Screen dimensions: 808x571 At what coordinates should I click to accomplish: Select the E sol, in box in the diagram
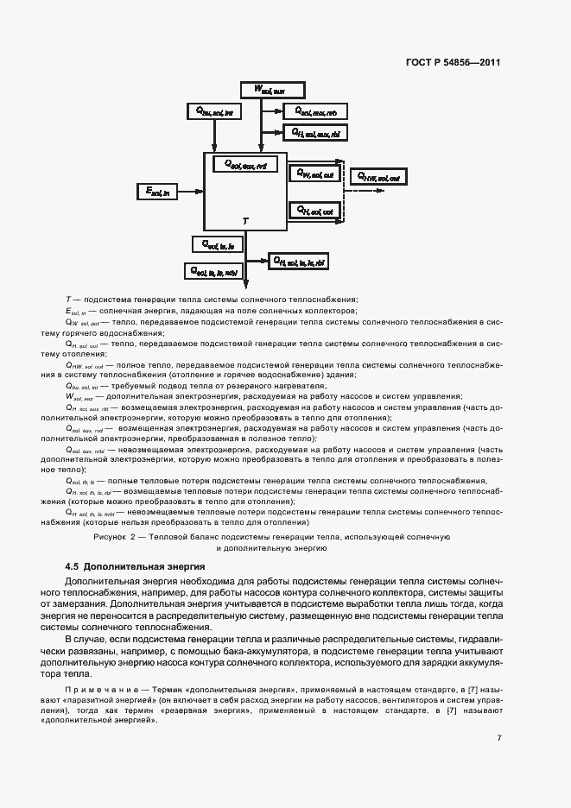[159, 191]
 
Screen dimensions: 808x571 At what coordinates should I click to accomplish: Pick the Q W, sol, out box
[315, 174]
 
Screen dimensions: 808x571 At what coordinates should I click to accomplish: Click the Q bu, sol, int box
[216, 111]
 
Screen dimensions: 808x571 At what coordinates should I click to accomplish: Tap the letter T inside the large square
[244, 222]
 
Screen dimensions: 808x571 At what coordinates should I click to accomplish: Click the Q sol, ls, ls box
[218, 244]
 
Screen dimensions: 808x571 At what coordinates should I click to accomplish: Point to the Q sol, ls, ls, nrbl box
[215, 270]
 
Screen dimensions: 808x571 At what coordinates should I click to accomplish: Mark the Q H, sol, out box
[315, 209]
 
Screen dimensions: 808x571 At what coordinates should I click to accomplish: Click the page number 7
[499, 737]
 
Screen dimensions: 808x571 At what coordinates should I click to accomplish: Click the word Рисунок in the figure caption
[111, 537]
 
